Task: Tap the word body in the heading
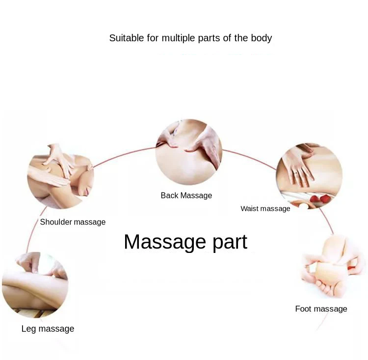click(x=261, y=38)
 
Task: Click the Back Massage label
click(x=186, y=195)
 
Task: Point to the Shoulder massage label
click(x=73, y=222)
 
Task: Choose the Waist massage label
click(x=265, y=209)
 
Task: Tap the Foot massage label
click(x=321, y=309)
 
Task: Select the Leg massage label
click(x=48, y=329)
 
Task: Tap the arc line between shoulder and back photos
click(x=123, y=156)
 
